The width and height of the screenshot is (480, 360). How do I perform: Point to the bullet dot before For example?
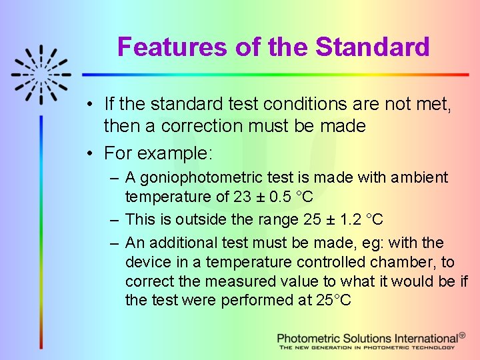(x=90, y=153)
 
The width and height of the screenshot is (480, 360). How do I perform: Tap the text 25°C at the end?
(x=333, y=301)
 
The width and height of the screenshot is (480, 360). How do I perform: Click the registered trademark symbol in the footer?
(x=463, y=336)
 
